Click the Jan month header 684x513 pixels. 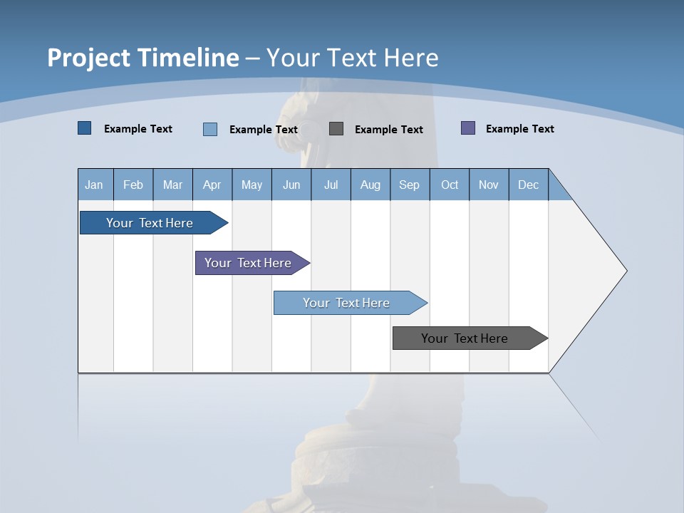pos(94,185)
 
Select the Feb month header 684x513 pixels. pos(133,185)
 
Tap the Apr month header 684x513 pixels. pos(212,185)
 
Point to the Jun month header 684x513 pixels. pos(291,185)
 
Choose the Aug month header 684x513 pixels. pos(370,185)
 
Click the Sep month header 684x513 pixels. pos(409,185)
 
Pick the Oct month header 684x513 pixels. pos(450,185)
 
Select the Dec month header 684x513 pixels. pos(528,185)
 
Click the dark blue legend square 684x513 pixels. pos(84,128)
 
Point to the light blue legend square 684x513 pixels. pos(210,129)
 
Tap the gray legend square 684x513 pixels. pos(336,128)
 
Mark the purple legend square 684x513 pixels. pos(468,128)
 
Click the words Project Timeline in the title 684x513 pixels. pos(143,58)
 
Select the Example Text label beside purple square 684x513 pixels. pos(519,129)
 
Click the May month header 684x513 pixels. pos(252,185)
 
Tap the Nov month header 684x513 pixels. pos(489,185)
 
